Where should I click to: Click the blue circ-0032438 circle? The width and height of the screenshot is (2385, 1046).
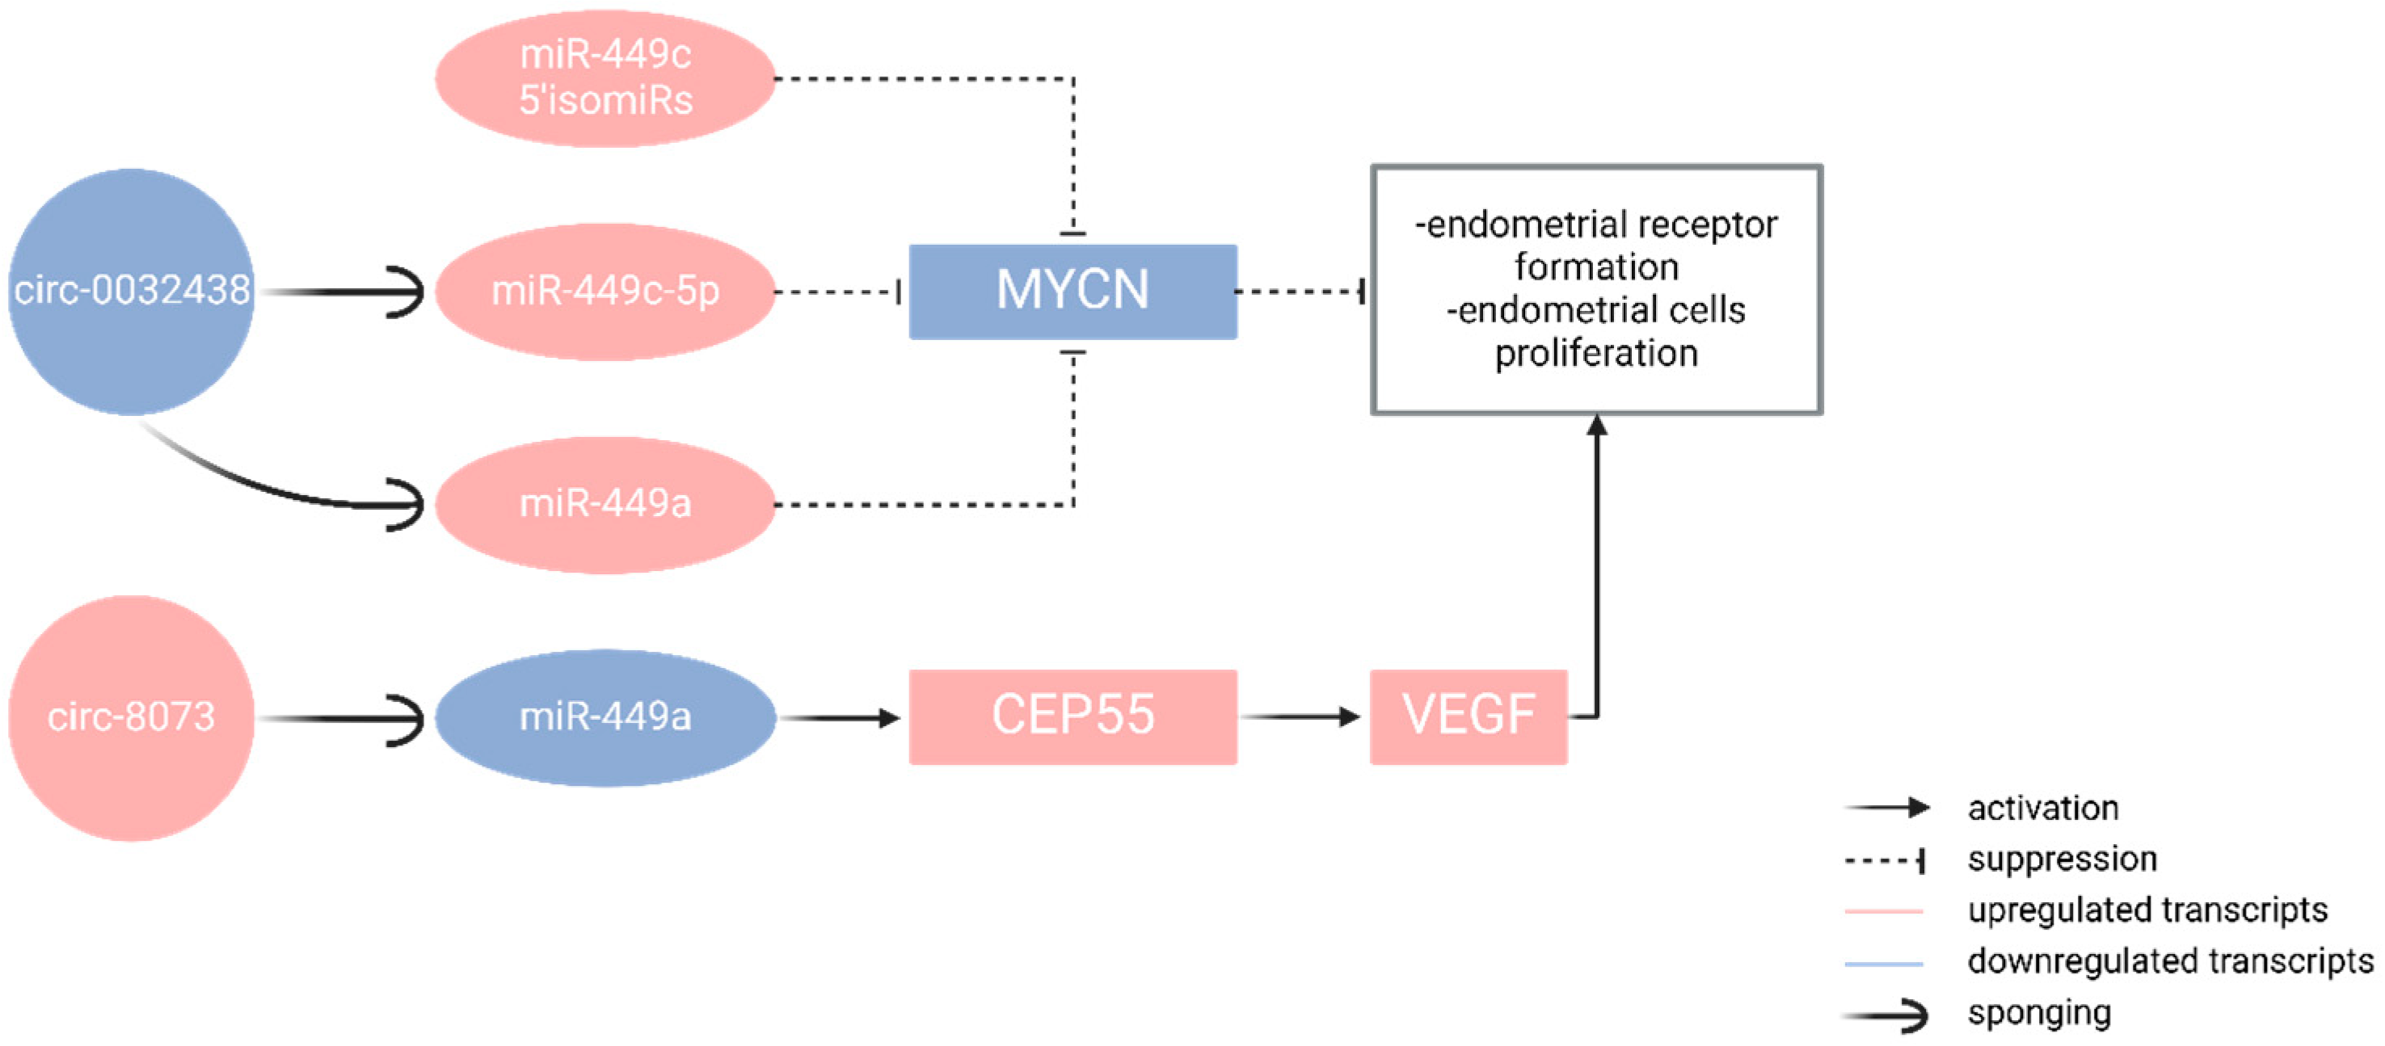pyautogui.click(x=131, y=291)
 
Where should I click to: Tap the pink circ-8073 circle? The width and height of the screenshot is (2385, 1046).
pyautogui.click(x=131, y=717)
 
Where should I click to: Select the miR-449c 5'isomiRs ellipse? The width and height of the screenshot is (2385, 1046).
pyautogui.click(x=605, y=78)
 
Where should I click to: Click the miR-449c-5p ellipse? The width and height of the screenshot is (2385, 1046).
pyautogui.click(x=605, y=291)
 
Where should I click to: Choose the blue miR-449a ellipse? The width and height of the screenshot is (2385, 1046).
pyautogui.click(x=605, y=716)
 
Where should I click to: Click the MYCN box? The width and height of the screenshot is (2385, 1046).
pyautogui.click(x=1072, y=291)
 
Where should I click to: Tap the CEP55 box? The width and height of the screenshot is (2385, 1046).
pyautogui.click(x=1072, y=716)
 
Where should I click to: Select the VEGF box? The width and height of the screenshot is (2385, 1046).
pyautogui.click(x=1468, y=716)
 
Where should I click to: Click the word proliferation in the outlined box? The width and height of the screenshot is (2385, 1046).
pyautogui.click(x=1595, y=353)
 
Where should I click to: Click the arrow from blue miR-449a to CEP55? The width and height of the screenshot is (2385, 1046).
pyautogui.click(x=838, y=716)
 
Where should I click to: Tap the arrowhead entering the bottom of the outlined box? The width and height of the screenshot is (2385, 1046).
pyautogui.click(x=1596, y=426)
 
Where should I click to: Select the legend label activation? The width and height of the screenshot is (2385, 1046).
pyautogui.click(x=2042, y=808)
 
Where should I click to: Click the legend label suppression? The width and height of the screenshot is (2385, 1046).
pyautogui.click(x=2062, y=859)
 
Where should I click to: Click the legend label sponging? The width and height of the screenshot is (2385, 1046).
pyautogui.click(x=2039, y=1013)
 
